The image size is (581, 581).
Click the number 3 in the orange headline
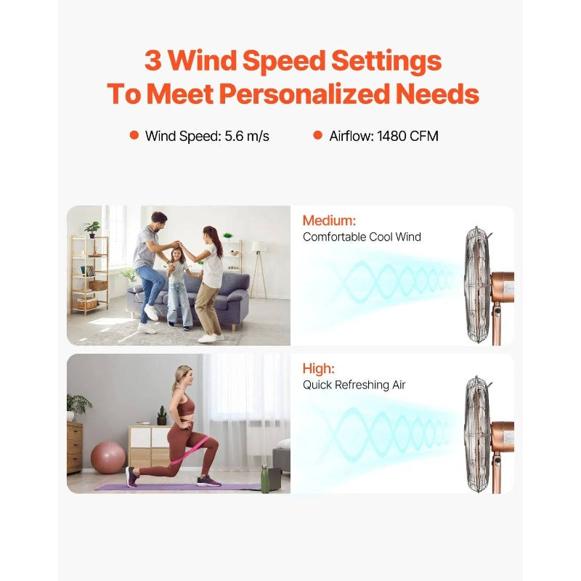pyautogui.click(x=153, y=60)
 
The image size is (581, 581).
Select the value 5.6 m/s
pyautogui.click(x=247, y=137)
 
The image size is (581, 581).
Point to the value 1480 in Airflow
pyautogui.click(x=392, y=136)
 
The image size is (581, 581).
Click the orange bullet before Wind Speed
pyautogui.click(x=134, y=135)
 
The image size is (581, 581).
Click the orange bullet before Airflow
pyautogui.click(x=317, y=135)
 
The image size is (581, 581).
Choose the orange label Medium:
pyautogui.click(x=329, y=221)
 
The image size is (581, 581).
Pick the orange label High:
pyautogui.click(x=318, y=369)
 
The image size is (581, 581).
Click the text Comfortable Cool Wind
pyautogui.click(x=362, y=237)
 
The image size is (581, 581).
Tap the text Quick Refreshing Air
pyautogui.click(x=354, y=385)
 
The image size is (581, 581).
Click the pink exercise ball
pyautogui.click(x=107, y=457)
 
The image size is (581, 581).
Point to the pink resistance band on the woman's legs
pyautogui.click(x=190, y=449)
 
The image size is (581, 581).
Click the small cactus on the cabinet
pyautogui.click(x=162, y=415)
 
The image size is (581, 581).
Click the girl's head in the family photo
pyautogui.click(x=177, y=255)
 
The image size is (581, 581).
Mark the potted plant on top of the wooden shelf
pyautogui.click(x=93, y=229)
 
